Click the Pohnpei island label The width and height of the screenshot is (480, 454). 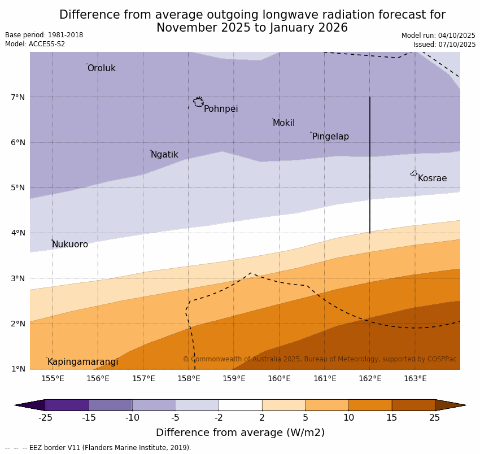[x=221, y=109]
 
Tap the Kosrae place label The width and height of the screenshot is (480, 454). [x=432, y=178]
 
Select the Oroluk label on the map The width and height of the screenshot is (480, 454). [x=102, y=68]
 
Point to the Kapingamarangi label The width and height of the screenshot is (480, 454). [x=83, y=362]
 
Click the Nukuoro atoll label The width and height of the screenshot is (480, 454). [x=70, y=245]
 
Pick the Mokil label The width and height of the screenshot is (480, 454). [x=283, y=123]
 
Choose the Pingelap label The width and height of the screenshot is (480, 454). [x=330, y=137]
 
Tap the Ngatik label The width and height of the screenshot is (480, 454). [x=164, y=155]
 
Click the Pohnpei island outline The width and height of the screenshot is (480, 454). [x=198, y=102]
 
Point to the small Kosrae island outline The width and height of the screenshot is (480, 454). [x=414, y=173]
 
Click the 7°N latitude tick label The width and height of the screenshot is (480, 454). [x=18, y=97]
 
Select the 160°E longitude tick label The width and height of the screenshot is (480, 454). [x=279, y=378]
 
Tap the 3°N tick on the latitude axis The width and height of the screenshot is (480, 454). [x=18, y=278]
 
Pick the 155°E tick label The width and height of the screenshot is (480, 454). [x=53, y=378]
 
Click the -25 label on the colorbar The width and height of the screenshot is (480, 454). [x=45, y=418]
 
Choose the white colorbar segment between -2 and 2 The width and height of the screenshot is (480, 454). [x=240, y=405]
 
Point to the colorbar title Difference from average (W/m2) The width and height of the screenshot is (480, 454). [x=240, y=433]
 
